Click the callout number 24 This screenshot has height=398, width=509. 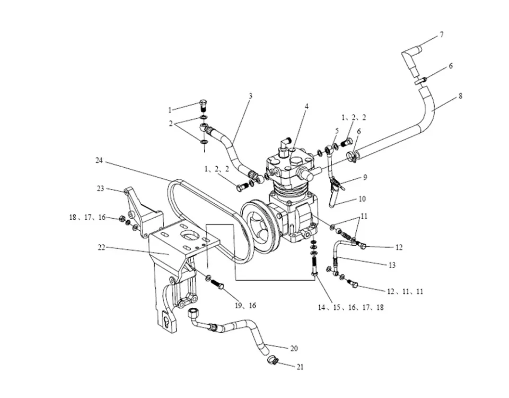click(99, 160)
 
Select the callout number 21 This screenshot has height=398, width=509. click(300, 367)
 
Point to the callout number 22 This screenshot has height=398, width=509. click(102, 248)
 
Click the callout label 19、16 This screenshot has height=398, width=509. click(245, 306)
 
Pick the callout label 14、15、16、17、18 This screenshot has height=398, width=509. click(351, 307)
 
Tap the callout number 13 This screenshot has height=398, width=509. click(392, 265)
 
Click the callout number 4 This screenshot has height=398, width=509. click(306, 106)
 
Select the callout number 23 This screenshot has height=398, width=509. click(101, 188)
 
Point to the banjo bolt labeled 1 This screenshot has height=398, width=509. click(204, 106)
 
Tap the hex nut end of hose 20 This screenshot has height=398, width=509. click(193, 314)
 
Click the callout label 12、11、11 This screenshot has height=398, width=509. click(406, 291)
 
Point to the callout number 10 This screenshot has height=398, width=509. click(362, 199)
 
